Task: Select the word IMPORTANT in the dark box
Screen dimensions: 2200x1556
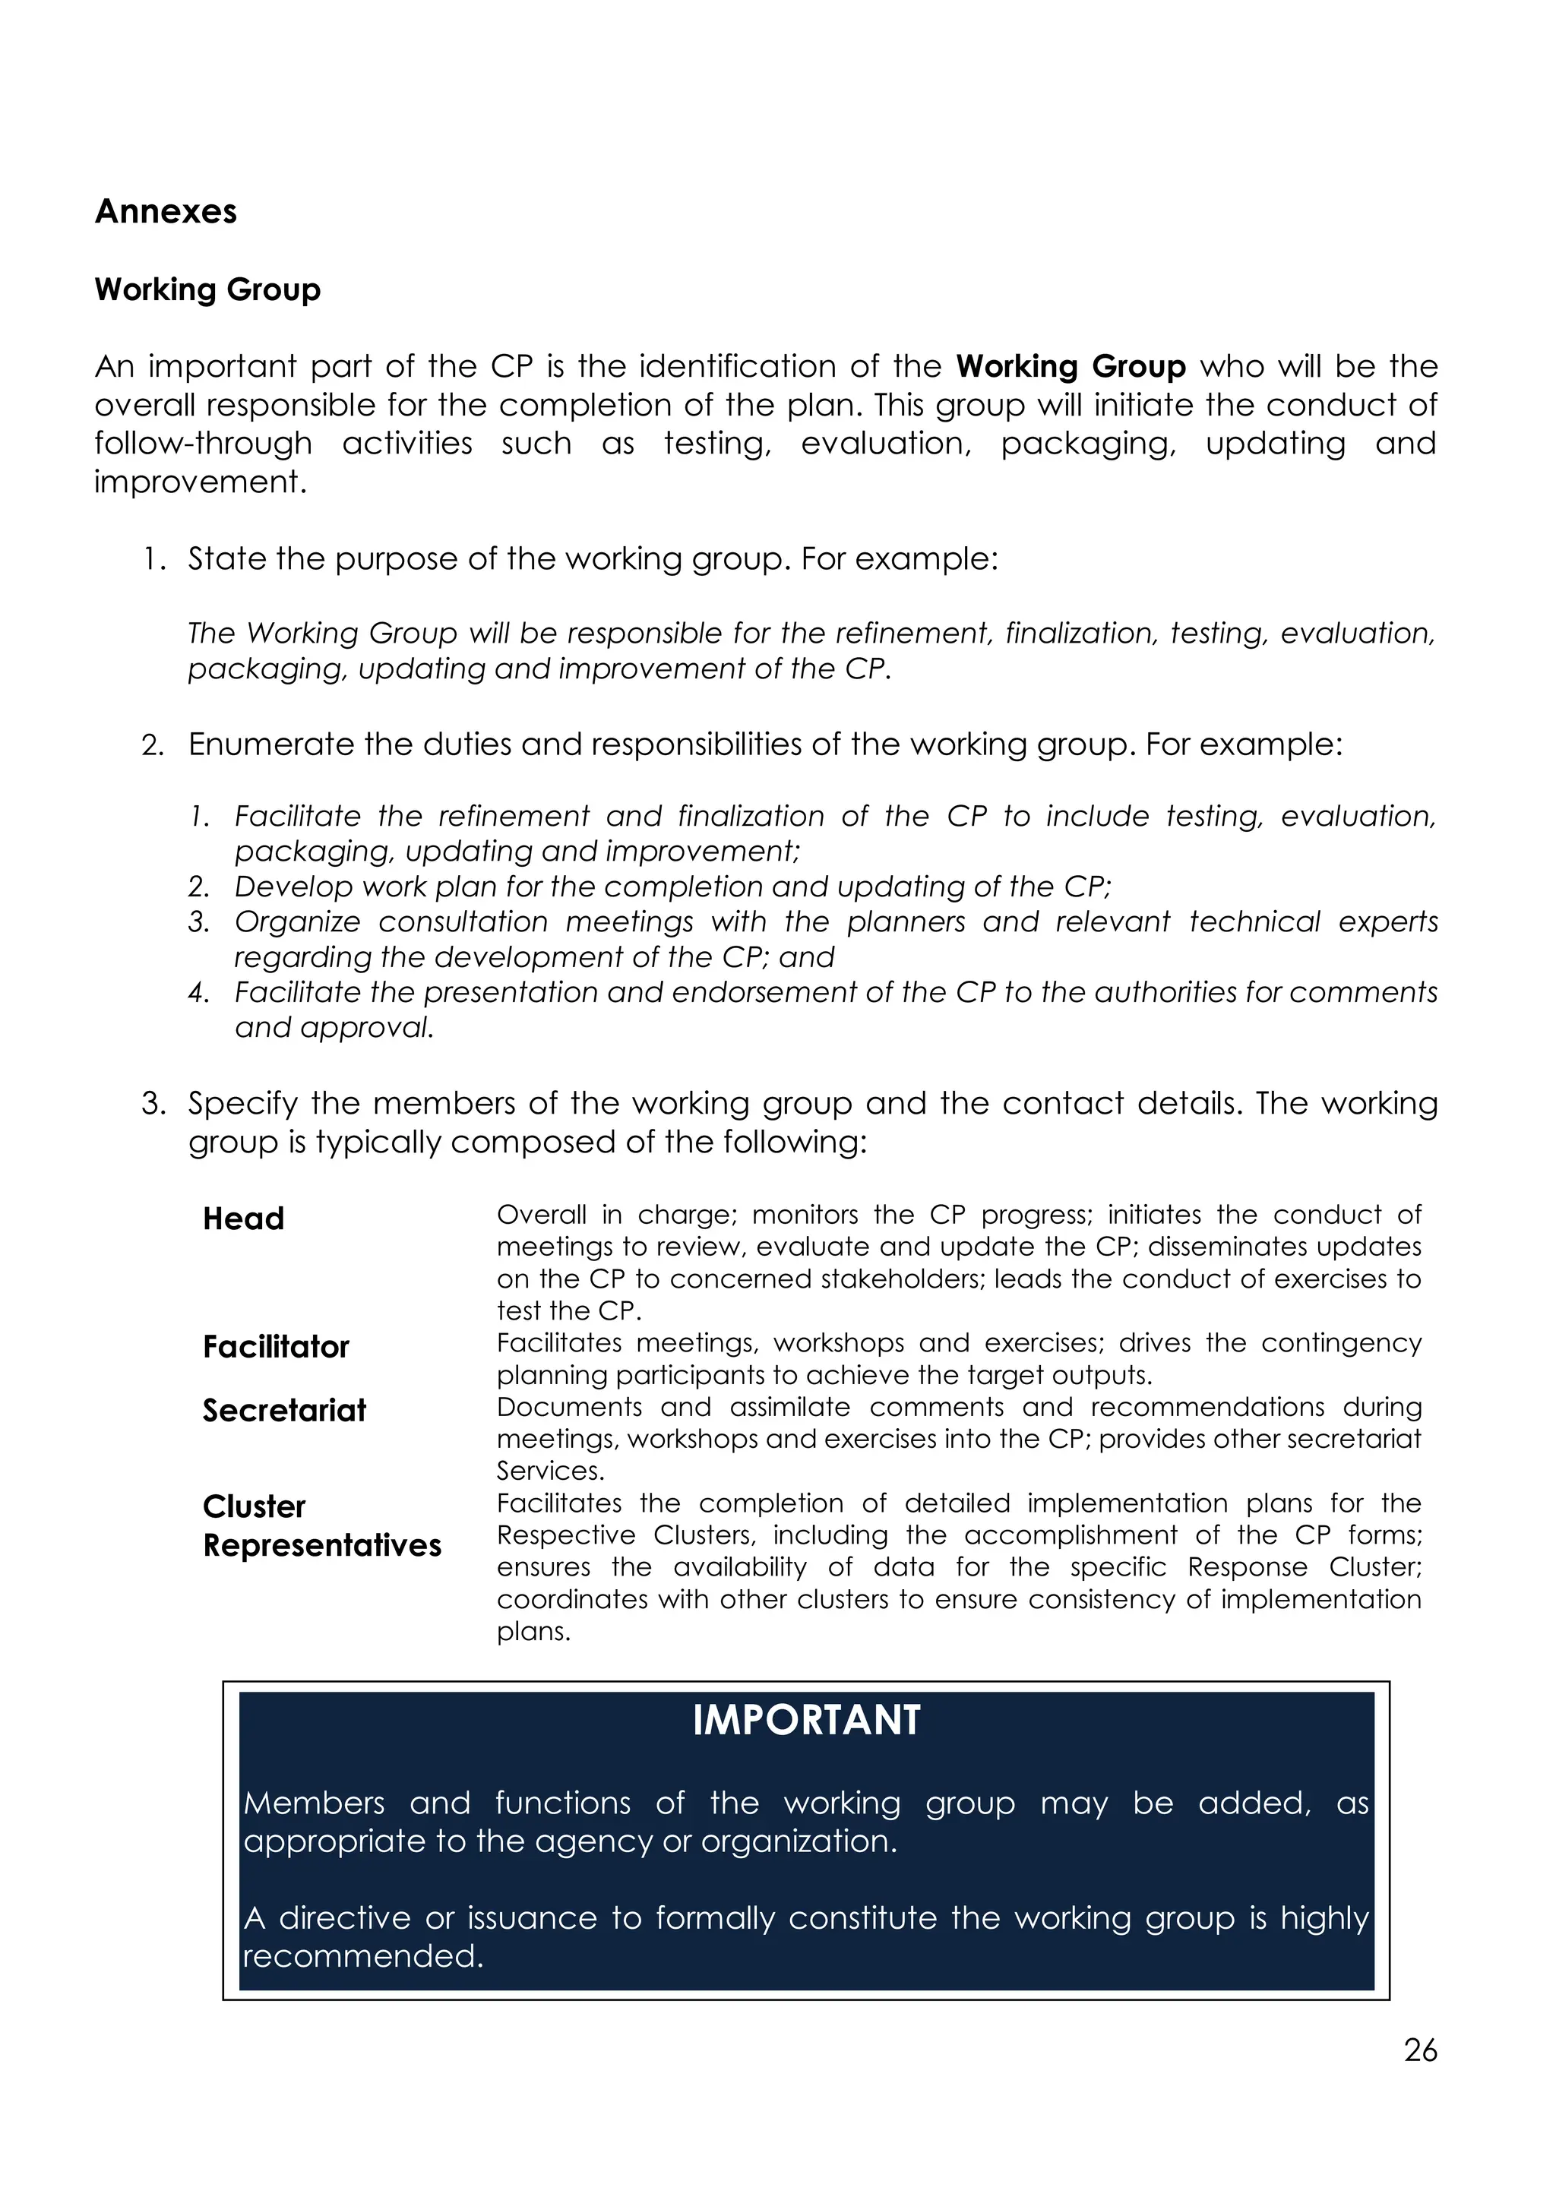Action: (806, 1720)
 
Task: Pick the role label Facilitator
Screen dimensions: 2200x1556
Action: (276, 1346)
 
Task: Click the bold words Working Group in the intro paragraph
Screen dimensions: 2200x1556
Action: (1071, 366)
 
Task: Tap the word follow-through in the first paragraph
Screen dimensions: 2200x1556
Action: (203, 443)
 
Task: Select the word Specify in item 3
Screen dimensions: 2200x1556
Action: (242, 1103)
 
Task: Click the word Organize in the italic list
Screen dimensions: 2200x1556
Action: (297, 921)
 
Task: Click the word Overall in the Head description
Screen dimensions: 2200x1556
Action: (542, 1214)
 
